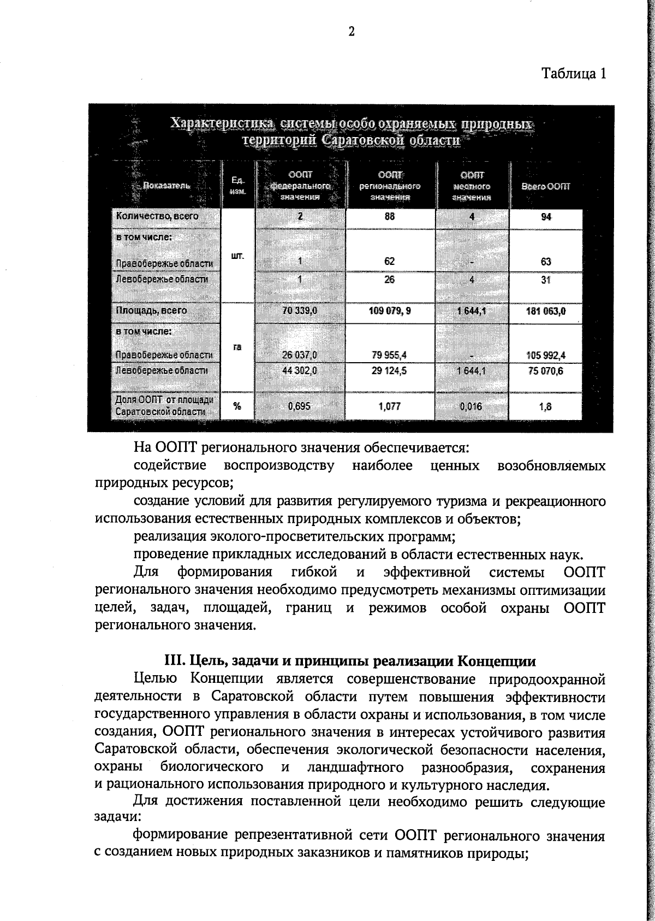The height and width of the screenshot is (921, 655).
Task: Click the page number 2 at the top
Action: [x=352, y=32]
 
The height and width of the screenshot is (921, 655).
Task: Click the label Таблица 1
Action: [x=573, y=73]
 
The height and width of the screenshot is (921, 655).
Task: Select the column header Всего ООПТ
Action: [x=545, y=186]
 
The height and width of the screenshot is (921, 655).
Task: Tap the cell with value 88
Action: [x=389, y=216]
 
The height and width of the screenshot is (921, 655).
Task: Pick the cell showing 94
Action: [x=546, y=217]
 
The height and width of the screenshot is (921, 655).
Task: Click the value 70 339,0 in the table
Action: [x=300, y=310]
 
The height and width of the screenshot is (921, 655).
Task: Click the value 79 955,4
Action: [x=389, y=355]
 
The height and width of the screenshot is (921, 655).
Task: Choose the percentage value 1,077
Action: [x=389, y=406]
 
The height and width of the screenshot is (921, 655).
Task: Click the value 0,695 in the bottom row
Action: [x=299, y=406]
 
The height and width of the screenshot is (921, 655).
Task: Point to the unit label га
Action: [x=237, y=347]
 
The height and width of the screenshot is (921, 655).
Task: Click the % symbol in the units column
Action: [x=237, y=406]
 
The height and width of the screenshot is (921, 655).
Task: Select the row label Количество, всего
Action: [x=157, y=216]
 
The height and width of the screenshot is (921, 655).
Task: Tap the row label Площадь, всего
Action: [x=151, y=310]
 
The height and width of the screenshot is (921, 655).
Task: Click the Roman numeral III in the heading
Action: [x=173, y=661]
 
